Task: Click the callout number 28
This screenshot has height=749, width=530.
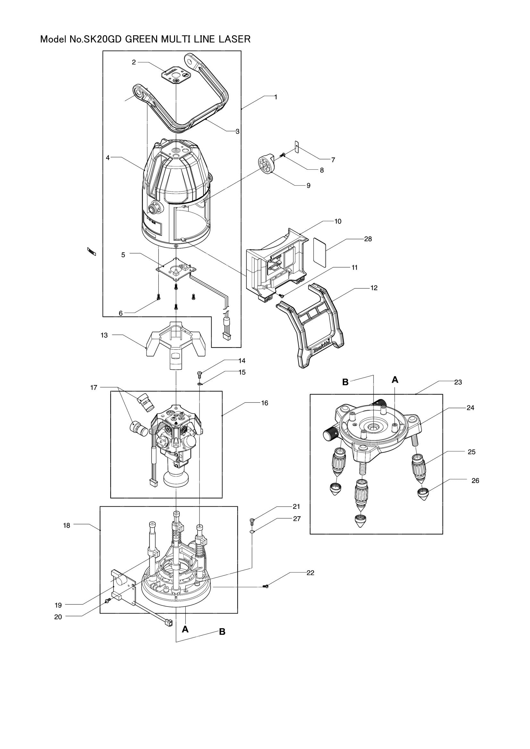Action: pos(368,239)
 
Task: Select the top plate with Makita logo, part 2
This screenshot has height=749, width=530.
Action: pos(176,75)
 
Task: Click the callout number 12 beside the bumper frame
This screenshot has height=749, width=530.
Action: pos(374,288)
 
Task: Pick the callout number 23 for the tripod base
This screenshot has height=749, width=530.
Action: pos(458,382)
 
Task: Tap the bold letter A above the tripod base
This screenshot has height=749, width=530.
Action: pos(395,379)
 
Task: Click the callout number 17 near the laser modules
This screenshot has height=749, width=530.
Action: pos(94,387)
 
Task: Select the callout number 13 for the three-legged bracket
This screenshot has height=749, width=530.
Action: pos(104,335)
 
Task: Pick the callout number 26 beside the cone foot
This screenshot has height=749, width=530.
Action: pos(475,481)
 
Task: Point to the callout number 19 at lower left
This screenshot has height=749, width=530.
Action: pos(58,605)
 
